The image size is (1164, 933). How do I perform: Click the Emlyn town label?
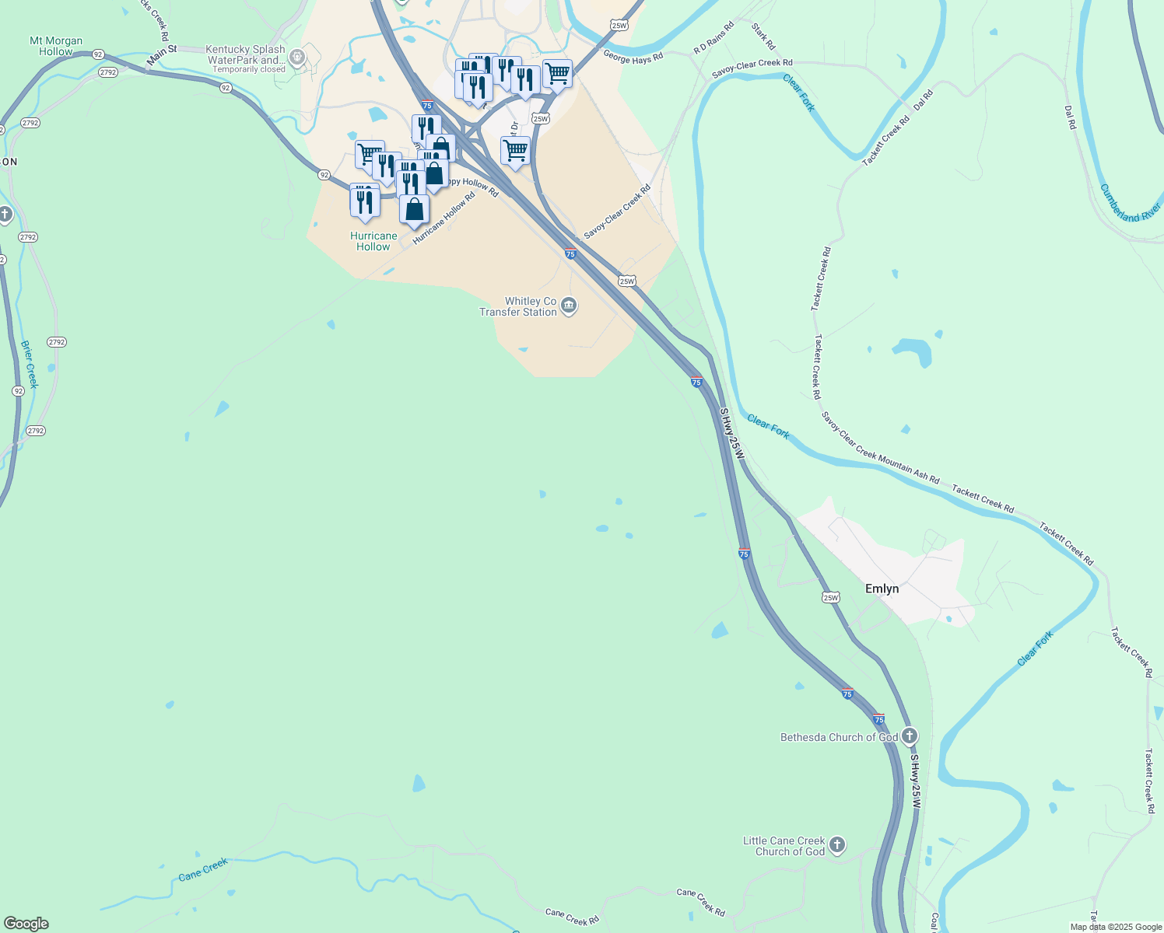(882, 589)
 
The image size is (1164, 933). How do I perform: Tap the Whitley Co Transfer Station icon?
(569, 307)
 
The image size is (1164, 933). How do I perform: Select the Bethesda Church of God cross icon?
(910, 736)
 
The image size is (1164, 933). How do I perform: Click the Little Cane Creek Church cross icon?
(837, 845)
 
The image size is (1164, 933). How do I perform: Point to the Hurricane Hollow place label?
(373, 241)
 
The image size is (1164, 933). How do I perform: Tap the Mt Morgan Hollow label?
(56, 46)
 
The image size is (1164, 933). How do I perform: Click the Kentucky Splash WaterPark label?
(246, 54)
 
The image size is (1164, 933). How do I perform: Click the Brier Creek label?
(29, 364)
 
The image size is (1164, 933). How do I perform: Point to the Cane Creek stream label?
(203, 869)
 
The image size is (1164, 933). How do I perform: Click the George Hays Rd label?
(633, 57)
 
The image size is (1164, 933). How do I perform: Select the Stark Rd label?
(763, 36)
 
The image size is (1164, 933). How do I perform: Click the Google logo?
(26, 924)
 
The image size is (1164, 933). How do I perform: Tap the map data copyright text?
(1116, 927)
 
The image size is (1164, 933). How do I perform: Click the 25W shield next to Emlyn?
(830, 597)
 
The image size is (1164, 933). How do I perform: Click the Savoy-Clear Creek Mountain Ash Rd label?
(880, 448)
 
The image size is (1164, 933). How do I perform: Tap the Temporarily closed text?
(249, 69)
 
